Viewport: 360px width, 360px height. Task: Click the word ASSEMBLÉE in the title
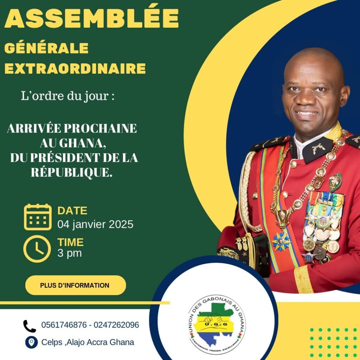91,18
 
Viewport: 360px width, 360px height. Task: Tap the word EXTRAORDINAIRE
75,69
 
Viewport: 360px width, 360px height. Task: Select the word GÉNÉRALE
46,48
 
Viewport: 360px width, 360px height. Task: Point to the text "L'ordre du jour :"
68,96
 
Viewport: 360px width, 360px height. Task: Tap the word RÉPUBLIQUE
71,172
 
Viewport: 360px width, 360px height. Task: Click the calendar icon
38,217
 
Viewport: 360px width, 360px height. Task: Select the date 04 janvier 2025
95,224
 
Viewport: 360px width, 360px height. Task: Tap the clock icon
37,249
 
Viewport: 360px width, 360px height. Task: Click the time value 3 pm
70,253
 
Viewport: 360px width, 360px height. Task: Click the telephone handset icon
30,326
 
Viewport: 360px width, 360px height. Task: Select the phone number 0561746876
64,325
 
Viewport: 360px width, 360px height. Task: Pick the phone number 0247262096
116,325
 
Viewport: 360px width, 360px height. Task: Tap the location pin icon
31,342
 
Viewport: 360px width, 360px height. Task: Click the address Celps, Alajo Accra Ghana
88,342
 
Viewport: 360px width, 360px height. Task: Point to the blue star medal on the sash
281,241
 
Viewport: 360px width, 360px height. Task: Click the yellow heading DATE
72,211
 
